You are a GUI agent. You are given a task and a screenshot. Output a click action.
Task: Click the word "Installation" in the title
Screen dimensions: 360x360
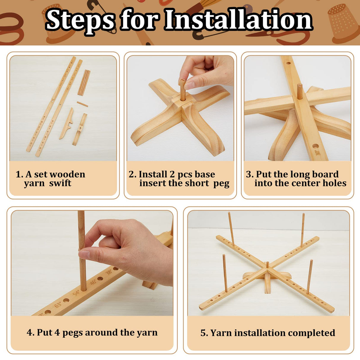click(238, 20)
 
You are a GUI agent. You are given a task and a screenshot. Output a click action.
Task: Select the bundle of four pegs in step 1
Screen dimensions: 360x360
click(84, 82)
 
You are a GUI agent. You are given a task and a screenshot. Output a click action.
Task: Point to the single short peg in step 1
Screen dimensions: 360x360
click(82, 104)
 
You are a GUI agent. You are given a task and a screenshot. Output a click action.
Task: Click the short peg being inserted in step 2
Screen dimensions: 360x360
click(183, 90)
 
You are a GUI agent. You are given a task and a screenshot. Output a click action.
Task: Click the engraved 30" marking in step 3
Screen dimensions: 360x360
click(318, 153)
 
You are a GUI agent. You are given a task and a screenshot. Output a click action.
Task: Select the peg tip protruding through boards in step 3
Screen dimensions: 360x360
click(300, 91)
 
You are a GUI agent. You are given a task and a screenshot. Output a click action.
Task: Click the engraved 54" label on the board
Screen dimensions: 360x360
click(76, 293)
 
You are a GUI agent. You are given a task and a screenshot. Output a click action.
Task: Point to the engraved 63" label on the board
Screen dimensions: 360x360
click(58, 304)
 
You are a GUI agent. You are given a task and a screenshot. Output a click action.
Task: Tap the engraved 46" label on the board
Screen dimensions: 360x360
click(93, 282)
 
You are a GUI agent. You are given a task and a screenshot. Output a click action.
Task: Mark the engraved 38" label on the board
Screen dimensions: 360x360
click(109, 272)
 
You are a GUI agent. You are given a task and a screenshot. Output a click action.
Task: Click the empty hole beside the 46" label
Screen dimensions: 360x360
click(100, 279)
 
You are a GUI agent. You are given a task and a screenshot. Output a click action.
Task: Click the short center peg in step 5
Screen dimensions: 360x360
click(267, 265)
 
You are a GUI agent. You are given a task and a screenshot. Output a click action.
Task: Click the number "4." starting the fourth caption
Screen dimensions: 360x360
click(30, 332)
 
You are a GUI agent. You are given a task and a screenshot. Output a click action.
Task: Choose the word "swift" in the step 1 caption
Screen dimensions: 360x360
click(60, 183)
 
